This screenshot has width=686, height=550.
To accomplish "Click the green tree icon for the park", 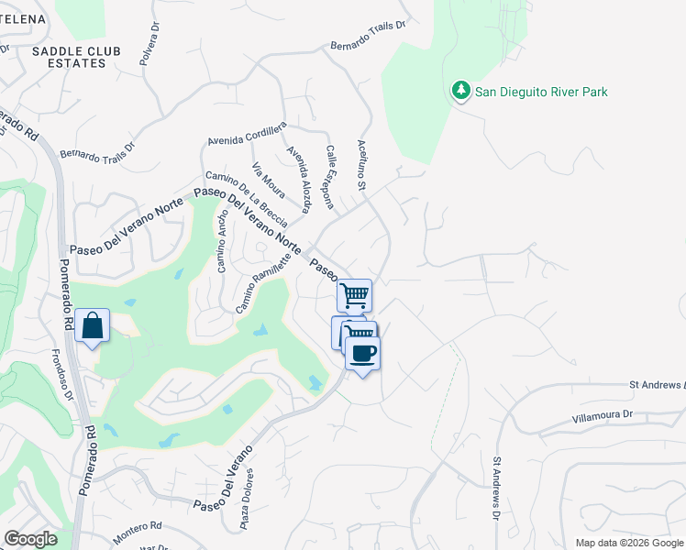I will (x=461, y=91).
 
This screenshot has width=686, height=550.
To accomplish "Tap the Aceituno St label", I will (x=361, y=172).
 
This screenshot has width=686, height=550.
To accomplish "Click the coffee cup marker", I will (x=363, y=353).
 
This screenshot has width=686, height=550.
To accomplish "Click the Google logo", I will (x=30, y=539).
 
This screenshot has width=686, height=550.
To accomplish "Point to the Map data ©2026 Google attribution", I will (x=628, y=543).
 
